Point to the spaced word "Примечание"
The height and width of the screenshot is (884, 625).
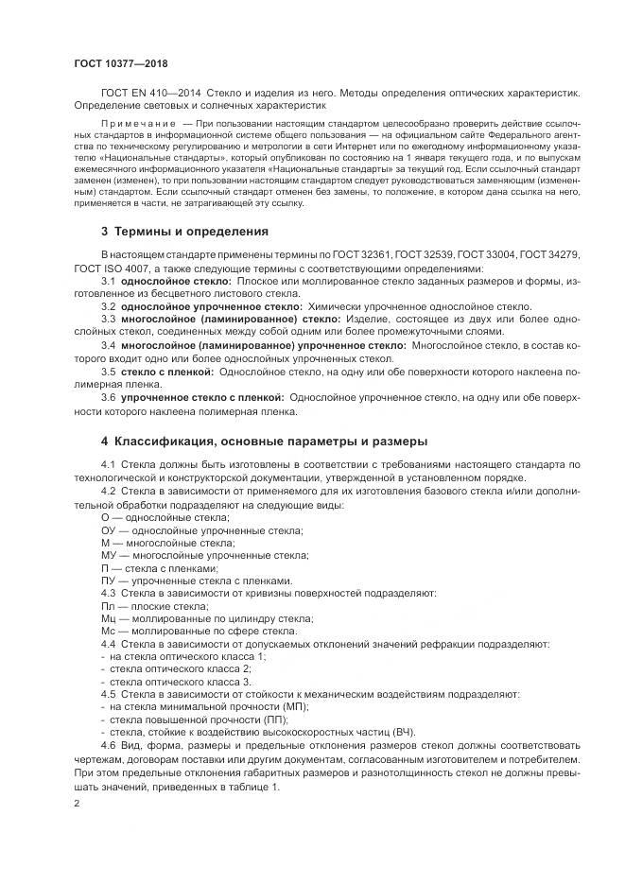[138, 124]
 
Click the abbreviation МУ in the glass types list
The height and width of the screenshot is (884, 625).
[108, 555]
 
